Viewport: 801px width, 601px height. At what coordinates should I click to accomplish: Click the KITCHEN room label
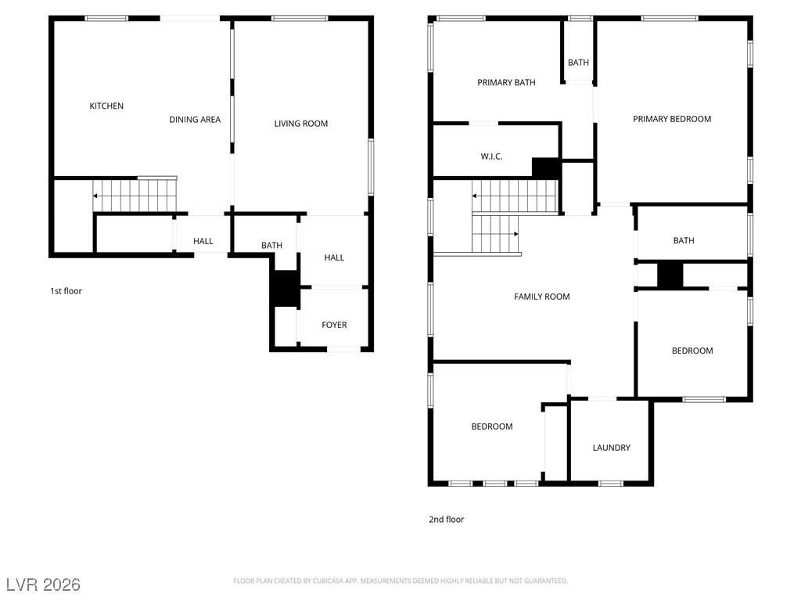coord(106,106)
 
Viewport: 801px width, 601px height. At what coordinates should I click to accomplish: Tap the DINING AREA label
coord(195,120)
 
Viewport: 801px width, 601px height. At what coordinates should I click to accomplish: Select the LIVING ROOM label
coord(301,123)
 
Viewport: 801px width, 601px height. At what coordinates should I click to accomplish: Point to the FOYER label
coord(334,325)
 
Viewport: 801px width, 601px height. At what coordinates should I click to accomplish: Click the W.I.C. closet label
coord(491,157)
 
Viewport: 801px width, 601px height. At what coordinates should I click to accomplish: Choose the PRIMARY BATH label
coord(506,82)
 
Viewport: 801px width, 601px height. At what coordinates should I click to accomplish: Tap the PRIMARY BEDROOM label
coord(672,119)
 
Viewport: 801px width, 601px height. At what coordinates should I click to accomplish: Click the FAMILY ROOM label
coord(541,297)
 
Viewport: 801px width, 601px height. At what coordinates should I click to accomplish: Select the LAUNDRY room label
coord(611,447)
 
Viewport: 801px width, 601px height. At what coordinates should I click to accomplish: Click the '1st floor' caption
coord(66,291)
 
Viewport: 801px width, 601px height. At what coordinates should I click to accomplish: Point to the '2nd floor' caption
coord(446,520)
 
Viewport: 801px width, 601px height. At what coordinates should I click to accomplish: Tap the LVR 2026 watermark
coord(44,584)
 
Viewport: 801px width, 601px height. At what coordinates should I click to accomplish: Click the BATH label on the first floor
coord(271,245)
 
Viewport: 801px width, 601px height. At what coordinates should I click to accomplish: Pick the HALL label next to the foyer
coord(334,257)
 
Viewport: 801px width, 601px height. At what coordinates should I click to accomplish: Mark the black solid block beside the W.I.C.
coord(546,168)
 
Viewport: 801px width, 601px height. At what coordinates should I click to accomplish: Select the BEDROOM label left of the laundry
coord(491,426)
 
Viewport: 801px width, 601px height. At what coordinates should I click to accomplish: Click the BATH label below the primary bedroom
coord(684,240)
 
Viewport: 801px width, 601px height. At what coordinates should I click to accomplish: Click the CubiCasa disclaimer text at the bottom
coord(400,581)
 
